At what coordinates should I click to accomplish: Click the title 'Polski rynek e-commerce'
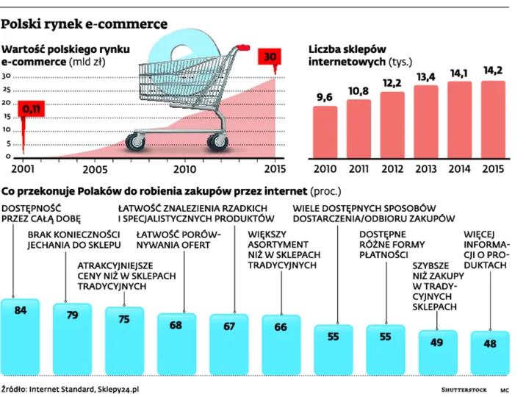click(84, 24)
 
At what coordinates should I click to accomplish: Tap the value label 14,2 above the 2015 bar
click(492, 71)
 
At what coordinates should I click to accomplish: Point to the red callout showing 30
click(270, 57)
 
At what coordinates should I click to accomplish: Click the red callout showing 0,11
click(32, 110)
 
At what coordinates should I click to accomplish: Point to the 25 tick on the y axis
click(6, 90)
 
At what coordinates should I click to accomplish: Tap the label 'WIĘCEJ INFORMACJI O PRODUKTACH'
click(485, 250)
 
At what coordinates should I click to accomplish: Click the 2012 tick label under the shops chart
click(393, 168)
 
